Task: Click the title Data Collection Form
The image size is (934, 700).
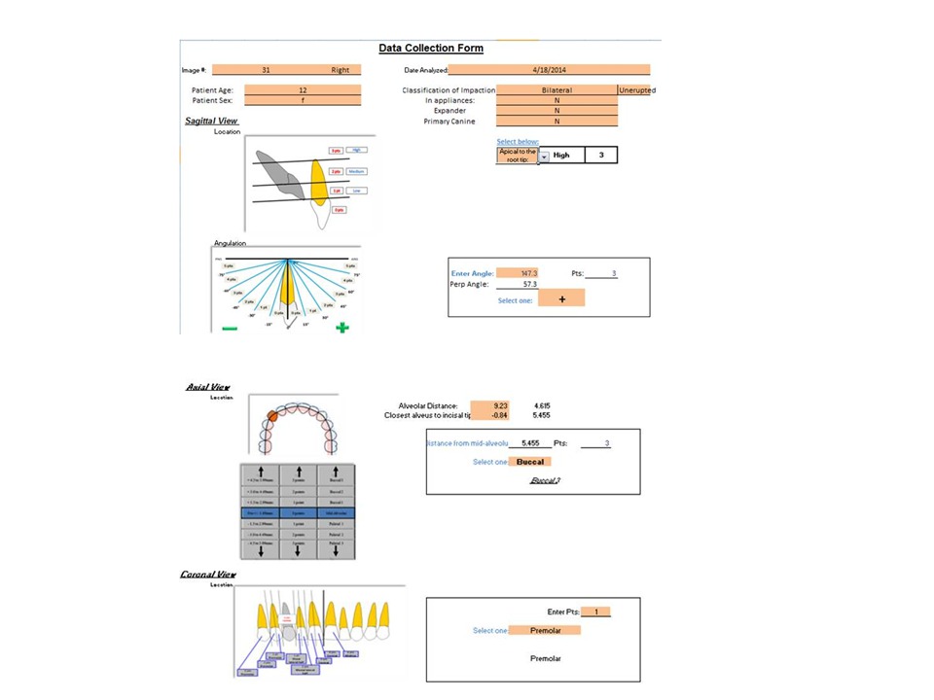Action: click(430, 48)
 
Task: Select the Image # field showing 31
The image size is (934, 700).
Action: click(267, 70)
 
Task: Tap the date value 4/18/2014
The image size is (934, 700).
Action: click(549, 70)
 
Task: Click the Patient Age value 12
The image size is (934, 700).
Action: click(303, 89)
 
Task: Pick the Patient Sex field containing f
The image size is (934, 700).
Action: click(303, 100)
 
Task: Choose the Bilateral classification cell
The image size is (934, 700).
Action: click(557, 90)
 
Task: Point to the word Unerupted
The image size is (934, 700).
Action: click(637, 90)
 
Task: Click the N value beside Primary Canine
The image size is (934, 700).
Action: click(557, 122)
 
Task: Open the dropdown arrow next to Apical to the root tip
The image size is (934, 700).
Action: click(544, 156)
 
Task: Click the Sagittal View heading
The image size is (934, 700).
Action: click(212, 122)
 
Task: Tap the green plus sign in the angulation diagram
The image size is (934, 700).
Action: click(342, 328)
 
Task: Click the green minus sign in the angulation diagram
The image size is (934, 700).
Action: click(230, 329)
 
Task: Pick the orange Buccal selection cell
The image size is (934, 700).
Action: click(530, 462)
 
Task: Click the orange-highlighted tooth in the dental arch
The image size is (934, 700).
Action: click(273, 415)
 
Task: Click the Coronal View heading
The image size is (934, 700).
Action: click(208, 575)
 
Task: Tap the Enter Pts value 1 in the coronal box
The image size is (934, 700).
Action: click(596, 612)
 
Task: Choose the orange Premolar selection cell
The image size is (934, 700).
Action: click(545, 630)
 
